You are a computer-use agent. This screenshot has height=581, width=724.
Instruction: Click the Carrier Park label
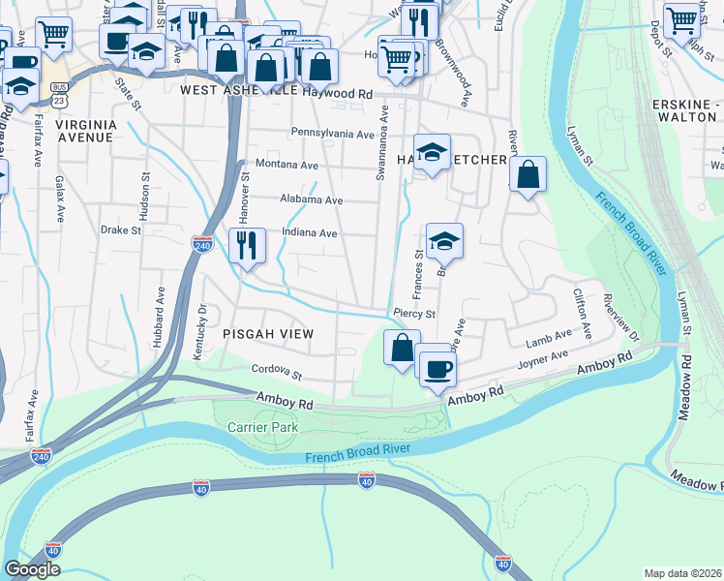(262, 427)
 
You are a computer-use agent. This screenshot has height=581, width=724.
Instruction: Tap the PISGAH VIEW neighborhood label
(268, 334)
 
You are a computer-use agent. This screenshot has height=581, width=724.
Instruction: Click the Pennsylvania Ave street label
(332, 133)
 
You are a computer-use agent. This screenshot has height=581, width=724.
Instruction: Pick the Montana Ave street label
(287, 166)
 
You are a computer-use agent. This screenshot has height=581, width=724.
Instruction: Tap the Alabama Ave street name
(311, 200)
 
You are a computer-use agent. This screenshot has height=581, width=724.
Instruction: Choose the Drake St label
(121, 230)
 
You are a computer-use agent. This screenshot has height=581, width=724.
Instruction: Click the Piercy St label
(414, 314)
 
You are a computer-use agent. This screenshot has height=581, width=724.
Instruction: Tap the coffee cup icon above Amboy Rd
(437, 367)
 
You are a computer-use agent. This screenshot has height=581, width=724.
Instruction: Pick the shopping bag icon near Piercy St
(402, 347)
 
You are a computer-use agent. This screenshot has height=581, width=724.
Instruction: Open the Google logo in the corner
(32, 569)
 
